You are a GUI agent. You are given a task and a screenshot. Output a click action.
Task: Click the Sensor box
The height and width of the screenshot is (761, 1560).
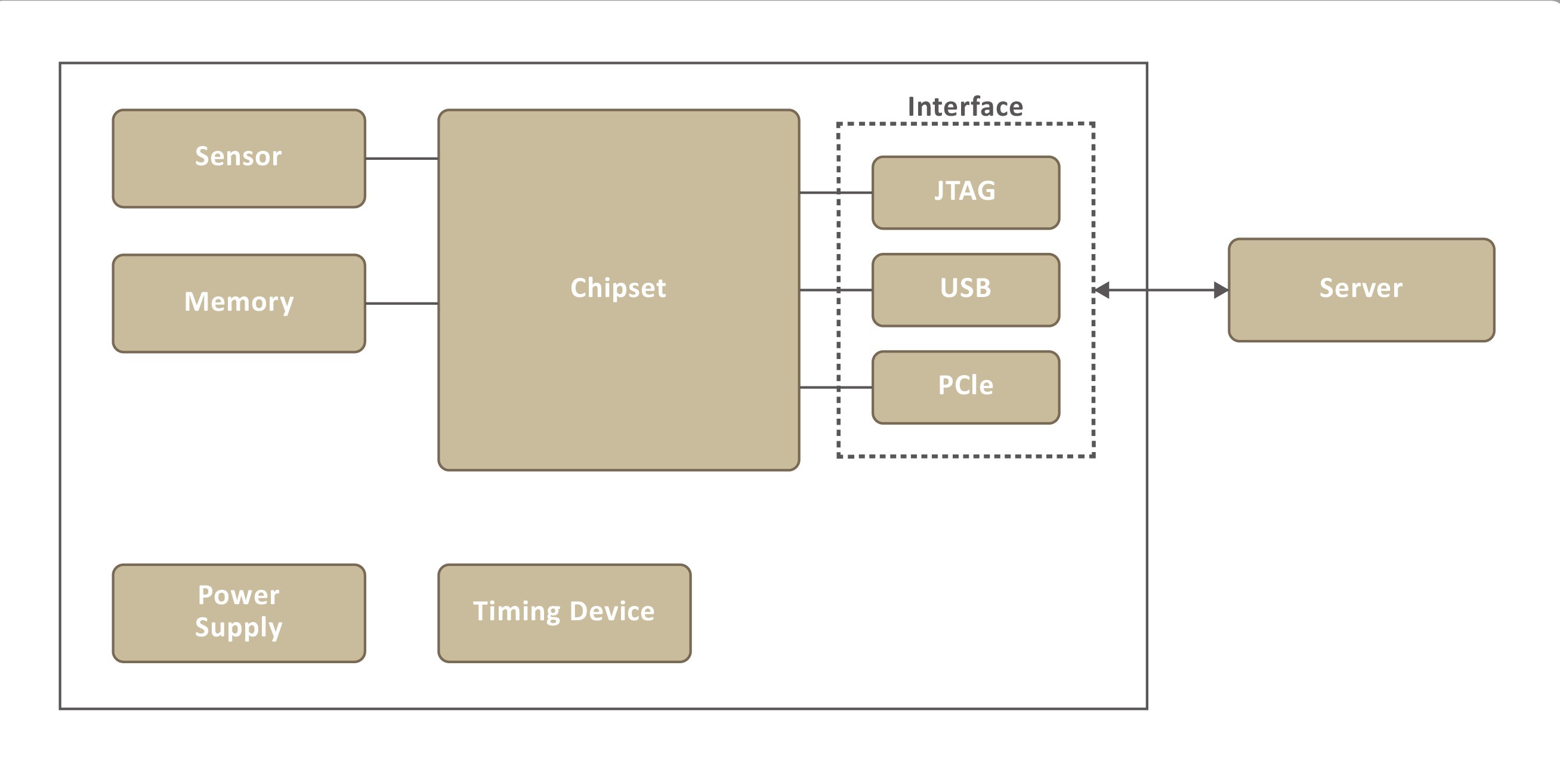point(239,159)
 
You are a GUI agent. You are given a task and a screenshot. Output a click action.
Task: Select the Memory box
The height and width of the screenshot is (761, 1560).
point(239,304)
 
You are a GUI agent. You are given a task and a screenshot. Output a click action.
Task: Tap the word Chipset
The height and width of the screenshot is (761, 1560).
point(617,288)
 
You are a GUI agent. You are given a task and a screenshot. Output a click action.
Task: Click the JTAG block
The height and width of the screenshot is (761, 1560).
point(965,193)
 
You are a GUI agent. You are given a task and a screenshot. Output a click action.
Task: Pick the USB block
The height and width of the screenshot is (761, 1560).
point(965,289)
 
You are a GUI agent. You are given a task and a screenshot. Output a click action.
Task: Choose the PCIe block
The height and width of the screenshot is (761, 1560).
point(965,387)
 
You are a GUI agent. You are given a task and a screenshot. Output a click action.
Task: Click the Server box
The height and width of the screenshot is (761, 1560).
point(1361,289)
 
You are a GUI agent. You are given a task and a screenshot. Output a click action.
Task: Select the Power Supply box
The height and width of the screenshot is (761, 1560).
point(239,612)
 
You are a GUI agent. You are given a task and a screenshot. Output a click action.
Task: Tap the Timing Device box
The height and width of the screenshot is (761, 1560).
point(564,612)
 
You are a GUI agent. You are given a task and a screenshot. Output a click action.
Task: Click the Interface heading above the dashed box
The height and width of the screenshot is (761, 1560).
point(965,107)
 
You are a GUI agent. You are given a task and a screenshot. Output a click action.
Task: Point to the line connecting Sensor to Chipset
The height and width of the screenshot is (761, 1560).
point(401,159)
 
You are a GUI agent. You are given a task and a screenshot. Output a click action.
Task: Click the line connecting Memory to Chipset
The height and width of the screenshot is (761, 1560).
point(401,304)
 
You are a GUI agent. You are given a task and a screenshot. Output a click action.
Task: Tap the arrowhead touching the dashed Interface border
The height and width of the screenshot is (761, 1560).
point(1103,290)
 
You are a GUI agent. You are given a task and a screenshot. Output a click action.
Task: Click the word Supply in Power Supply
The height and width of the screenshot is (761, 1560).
point(239,628)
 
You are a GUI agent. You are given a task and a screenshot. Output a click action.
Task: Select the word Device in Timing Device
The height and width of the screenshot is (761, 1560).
point(611,611)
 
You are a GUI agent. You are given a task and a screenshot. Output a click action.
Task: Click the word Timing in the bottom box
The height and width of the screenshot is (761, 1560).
point(517,611)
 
